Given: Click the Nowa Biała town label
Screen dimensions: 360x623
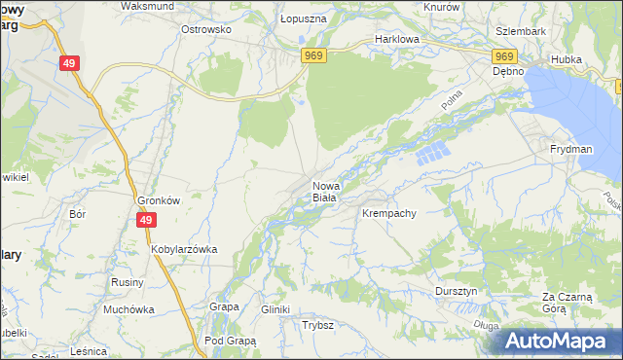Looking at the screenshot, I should click(324, 191).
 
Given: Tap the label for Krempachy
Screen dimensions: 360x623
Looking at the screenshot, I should click(389, 212).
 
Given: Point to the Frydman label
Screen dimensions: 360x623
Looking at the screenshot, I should click(570, 149).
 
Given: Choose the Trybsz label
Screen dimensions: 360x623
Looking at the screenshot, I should click(318, 326).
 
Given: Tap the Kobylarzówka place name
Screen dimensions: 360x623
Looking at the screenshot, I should click(183, 249).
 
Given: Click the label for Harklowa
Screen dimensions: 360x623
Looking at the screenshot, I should click(396, 40).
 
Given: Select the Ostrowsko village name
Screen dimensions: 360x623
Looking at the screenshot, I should click(205, 29).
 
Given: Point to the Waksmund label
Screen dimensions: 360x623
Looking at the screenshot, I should click(146, 6).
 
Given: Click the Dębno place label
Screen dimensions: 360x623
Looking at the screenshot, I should click(508, 71).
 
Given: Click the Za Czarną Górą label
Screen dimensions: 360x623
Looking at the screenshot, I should click(568, 302).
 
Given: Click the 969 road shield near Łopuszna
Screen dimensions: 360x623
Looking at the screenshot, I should click(312, 55).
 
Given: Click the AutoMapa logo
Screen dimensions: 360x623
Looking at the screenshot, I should click(558, 342).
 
